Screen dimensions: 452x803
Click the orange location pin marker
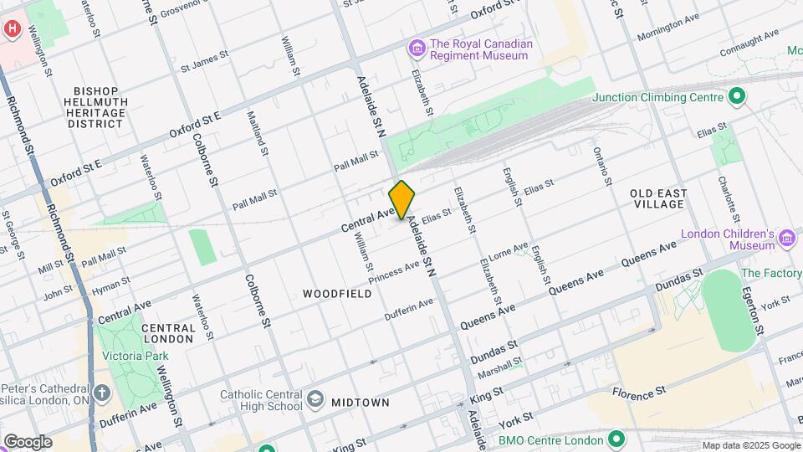pyautogui.click(x=401, y=199)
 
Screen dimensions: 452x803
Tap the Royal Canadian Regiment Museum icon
pyautogui.click(x=416, y=49)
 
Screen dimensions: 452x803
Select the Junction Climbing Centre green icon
pyautogui.click(x=736, y=97)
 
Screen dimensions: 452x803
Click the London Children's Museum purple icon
pyautogui.click(x=786, y=239)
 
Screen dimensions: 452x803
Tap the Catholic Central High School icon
pyautogui.click(x=315, y=398)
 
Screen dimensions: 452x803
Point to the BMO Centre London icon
pyautogui.click(x=616, y=439)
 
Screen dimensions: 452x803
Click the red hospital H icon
pyautogui.click(x=12, y=28)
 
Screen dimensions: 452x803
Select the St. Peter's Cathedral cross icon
pyautogui.click(x=102, y=393)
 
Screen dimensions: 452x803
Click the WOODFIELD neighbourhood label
pyautogui.click(x=337, y=294)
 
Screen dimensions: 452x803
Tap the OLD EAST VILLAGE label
pyautogui.click(x=658, y=198)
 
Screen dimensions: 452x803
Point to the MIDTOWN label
pyautogui.click(x=360, y=403)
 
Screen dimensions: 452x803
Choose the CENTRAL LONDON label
pyautogui.click(x=168, y=333)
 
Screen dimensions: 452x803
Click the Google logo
pyautogui.click(x=28, y=441)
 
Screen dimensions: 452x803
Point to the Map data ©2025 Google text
pyautogui.click(x=749, y=445)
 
